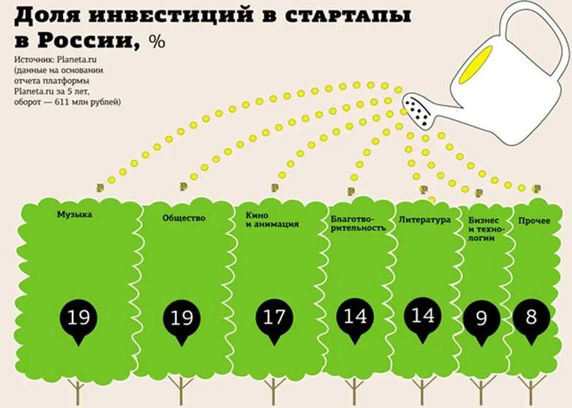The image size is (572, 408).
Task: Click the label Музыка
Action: pos(75,215)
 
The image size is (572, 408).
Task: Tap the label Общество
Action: pos(184,218)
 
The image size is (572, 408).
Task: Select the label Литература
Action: pos(424,220)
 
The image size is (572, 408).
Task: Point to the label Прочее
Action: pos(535,220)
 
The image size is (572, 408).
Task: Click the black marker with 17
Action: pos(273,318)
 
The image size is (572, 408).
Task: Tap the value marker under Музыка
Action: pos(79,319)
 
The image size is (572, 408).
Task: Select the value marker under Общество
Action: pos(181,319)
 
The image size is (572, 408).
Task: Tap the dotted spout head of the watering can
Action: pos(419,111)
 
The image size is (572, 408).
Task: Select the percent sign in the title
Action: pos(157,42)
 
